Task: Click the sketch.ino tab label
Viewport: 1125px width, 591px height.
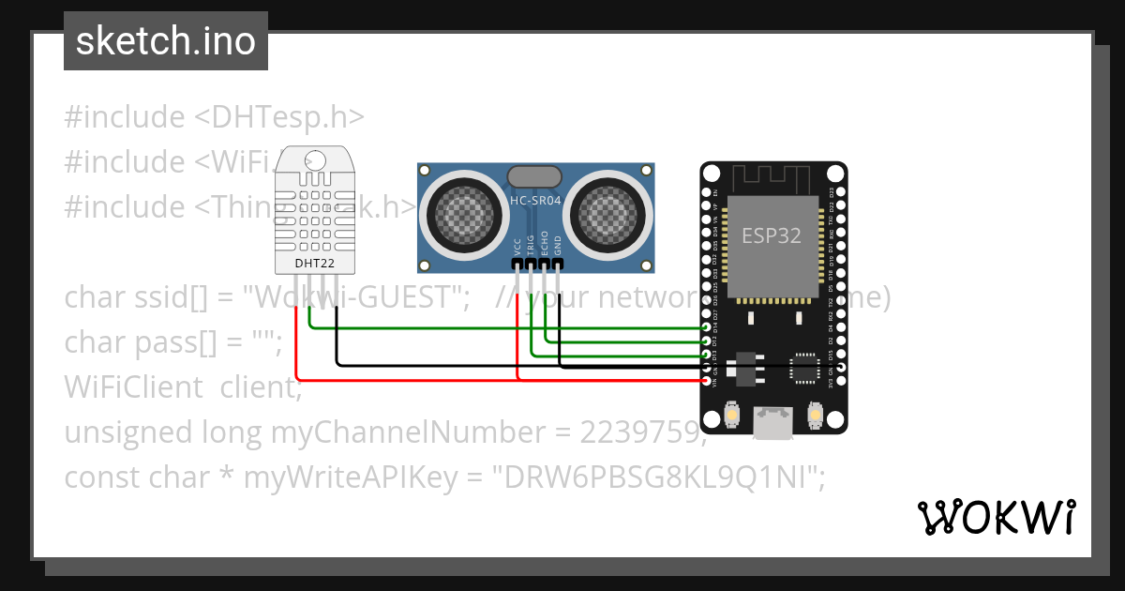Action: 166,41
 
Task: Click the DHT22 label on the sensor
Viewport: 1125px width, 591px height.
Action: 315,264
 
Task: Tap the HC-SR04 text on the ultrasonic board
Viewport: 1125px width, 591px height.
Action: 535,200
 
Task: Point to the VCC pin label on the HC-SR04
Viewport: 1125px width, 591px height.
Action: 517,247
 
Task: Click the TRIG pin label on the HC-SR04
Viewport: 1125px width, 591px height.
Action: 531,245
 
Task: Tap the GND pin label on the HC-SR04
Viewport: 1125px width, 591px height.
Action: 558,247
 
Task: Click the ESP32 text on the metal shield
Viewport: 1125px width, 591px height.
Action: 772,236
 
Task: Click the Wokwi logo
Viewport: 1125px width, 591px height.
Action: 996,517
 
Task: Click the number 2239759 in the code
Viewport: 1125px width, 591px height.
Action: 640,432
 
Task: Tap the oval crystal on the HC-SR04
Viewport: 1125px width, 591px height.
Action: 534,175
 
